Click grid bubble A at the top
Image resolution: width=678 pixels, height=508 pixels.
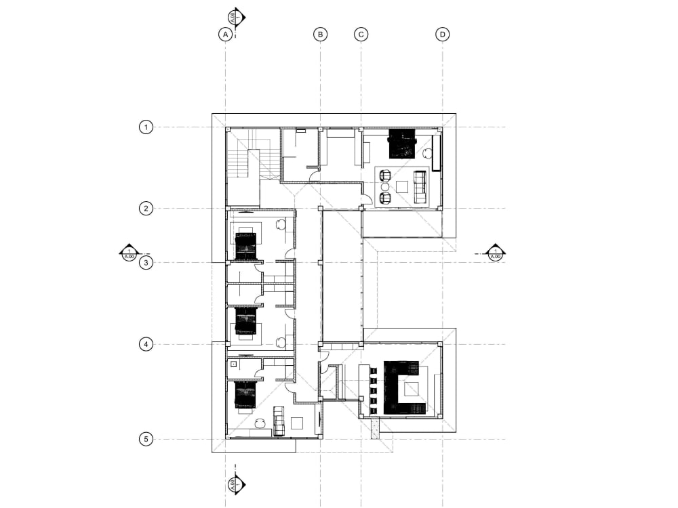coord(226,34)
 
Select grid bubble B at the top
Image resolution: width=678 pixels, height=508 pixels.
coord(321,34)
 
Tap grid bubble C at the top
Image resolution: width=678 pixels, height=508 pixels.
coord(361,34)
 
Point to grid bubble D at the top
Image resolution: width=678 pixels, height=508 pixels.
coord(443,34)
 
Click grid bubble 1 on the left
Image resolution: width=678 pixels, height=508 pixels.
coord(145,127)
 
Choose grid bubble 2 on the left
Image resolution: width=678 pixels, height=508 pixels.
coord(145,208)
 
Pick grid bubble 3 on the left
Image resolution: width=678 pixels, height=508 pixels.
coord(145,263)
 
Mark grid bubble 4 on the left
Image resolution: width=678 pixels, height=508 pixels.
coord(145,344)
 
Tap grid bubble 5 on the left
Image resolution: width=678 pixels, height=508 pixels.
coord(145,439)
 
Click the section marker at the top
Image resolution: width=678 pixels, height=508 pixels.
coord(235,17)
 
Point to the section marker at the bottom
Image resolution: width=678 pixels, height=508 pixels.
coord(235,484)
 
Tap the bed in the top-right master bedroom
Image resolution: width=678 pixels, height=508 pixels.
coord(401,144)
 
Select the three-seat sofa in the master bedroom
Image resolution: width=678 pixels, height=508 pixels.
coord(420,187)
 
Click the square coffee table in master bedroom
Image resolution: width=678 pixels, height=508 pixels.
coord(401,186)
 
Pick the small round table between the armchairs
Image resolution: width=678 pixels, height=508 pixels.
coord(385,186)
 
